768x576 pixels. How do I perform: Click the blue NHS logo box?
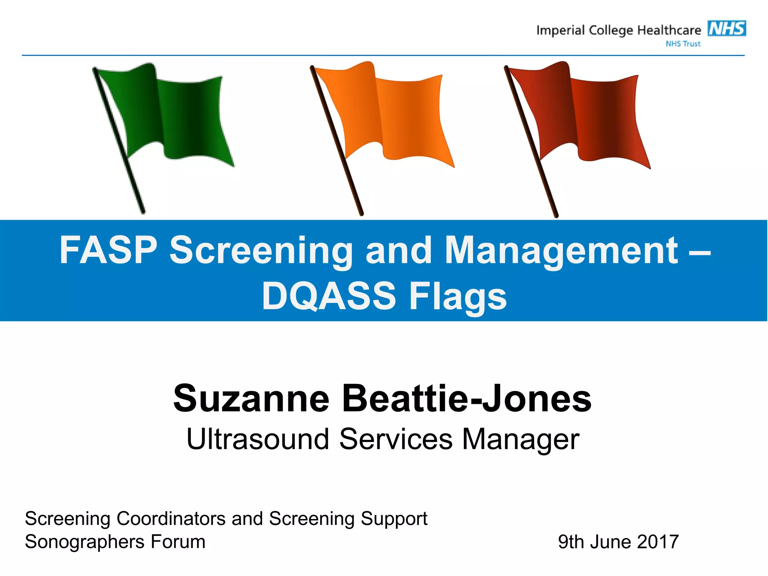726,28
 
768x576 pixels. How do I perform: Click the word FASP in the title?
108,250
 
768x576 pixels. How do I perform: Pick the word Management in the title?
561,250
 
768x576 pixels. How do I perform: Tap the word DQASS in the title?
329,296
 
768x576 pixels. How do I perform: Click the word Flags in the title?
458,296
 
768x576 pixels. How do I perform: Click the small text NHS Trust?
683,44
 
